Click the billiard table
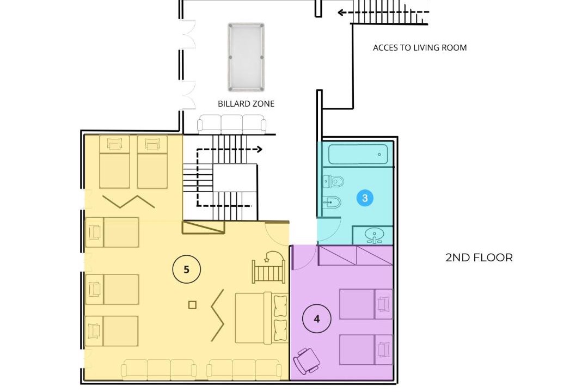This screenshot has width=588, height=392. tap(246, 57)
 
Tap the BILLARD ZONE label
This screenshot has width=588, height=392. tap(246, 104)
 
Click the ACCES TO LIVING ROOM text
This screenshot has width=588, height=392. tap(420, 48)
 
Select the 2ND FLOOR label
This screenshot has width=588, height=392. tap(479, 258)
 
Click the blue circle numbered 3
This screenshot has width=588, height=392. tap(365, 198)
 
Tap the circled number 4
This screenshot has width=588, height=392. tap(316, 319)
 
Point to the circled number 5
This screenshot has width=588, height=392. tap(186, 269)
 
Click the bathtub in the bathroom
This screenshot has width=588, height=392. tap(358, 154)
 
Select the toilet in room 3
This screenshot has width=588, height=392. tap(333, 181)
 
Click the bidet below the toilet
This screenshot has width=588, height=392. tap(332, 203)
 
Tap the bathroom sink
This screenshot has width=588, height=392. tap(374, 235)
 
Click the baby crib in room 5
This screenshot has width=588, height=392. tap(268, 267)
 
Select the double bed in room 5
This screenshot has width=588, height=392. tap(262, 318)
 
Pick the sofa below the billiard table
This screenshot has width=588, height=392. tap(232, 124)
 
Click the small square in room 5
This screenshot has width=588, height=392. tap(192, 305)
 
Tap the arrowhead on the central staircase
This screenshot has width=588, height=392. tap(259, 149)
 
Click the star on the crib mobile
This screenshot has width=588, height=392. tap(267, 259)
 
